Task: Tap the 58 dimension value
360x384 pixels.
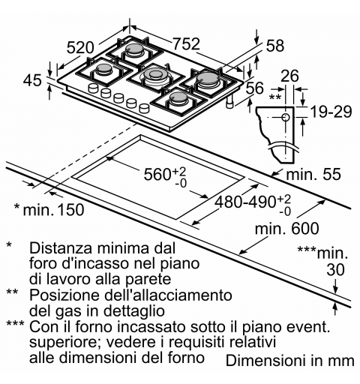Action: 275,46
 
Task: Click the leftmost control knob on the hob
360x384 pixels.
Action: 94,90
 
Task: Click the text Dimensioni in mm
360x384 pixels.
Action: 289,361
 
